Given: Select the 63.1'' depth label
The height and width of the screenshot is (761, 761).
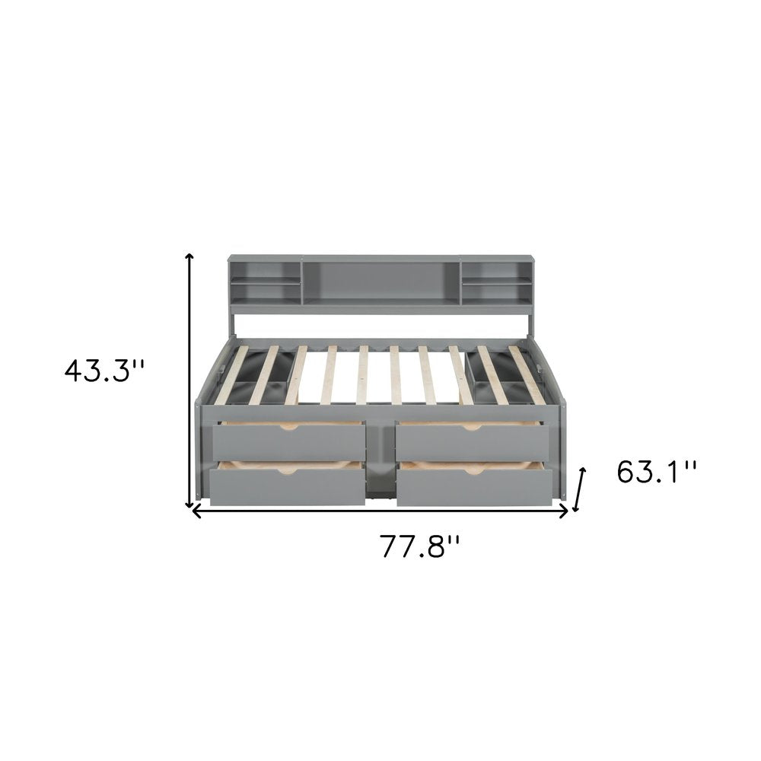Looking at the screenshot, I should [656, 472].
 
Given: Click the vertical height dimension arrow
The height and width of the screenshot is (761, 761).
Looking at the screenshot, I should [189, 381].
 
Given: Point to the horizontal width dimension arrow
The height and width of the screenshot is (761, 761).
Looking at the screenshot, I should [380, 512].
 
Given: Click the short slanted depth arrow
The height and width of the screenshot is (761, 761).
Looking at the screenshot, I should [581, 489].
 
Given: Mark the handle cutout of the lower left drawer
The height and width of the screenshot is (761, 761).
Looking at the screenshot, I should [287, 473].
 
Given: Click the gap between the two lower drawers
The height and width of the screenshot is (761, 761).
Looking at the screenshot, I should [380, 487].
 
